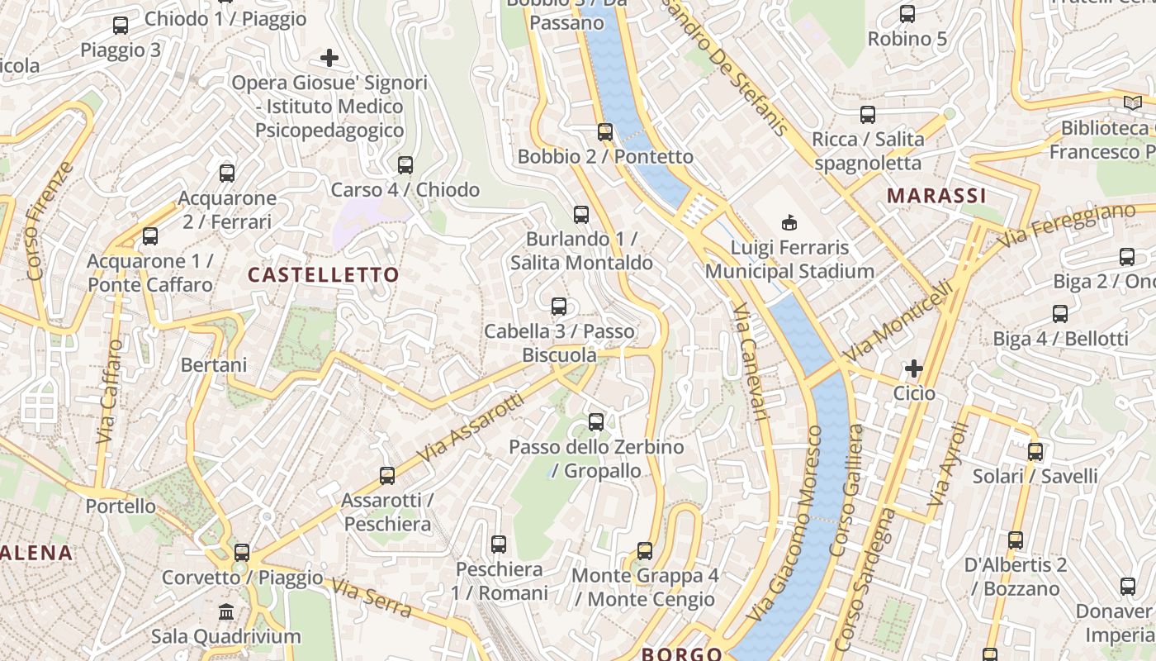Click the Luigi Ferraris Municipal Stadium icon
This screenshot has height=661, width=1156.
(x=789, y=222)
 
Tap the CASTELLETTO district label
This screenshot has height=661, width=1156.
(x=324, y=275)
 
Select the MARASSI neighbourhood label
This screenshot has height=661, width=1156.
(x=936, y=196)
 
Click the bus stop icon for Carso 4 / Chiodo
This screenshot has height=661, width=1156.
(x=405, y=165)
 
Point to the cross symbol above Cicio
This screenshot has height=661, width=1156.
(x=913, y=369)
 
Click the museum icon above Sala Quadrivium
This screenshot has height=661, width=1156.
(x=225, y=612)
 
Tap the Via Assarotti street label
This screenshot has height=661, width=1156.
(x=471, y=427)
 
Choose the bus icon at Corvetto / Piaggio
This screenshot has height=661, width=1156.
(x=241, y=553)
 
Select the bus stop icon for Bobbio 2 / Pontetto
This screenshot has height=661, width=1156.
(x=605, y=132)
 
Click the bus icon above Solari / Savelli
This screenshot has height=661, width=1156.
(x=1035, y=452)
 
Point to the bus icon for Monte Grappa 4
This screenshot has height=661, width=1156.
(x=644, y=551)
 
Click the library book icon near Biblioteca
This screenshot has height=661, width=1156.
(x=1131, y=103)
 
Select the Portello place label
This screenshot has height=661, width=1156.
(x=121, y=506)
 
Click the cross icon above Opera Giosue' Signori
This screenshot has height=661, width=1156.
(x=329, y=58)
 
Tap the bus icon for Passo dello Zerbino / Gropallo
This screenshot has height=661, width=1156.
(x=595, y=422)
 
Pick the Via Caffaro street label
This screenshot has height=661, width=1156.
(x=109, y=391)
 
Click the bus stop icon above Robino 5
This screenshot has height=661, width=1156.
(x=907, y=14)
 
